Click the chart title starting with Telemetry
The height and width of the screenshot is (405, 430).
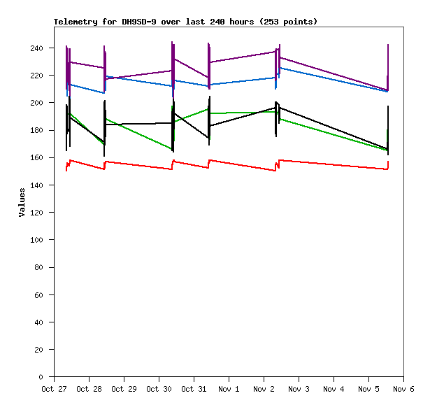[x=185, y=22]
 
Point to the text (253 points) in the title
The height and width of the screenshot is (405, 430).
[x=288, y=22]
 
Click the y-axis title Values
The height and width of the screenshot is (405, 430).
[x=22, y=201]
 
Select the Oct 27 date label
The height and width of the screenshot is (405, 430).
[x=54, y=389]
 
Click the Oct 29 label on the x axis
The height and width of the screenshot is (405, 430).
[x=124, y=389]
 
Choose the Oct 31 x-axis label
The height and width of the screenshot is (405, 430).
[x=194, y=389]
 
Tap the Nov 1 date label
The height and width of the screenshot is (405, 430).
[x=229, y=389]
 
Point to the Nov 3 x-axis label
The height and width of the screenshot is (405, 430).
[x=299, y=389]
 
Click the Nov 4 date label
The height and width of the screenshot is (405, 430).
[x=334, y=389]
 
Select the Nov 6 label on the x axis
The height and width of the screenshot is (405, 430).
[x=403, y=389]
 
